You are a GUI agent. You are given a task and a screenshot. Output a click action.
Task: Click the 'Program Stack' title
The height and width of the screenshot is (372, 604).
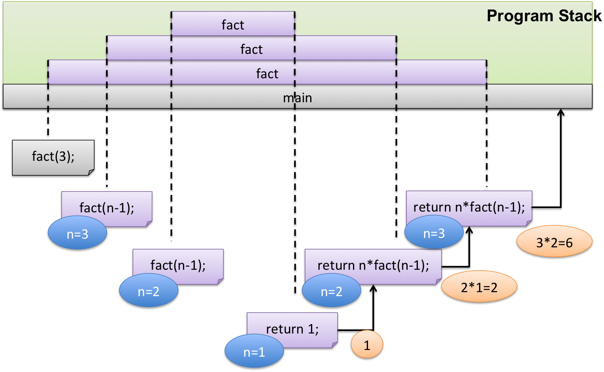point(544,16)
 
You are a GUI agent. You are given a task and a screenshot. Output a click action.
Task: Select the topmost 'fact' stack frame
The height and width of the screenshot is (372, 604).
point(233,24)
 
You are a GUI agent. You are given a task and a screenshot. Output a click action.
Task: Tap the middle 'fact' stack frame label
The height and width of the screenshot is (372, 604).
point(251,50)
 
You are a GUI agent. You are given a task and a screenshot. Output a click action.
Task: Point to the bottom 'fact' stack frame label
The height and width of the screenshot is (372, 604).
point(267,74)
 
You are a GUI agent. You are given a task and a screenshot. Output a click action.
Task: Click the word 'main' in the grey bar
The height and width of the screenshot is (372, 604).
point(297,98)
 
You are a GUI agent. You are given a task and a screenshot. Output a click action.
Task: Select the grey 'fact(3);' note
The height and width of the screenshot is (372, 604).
point(53,158)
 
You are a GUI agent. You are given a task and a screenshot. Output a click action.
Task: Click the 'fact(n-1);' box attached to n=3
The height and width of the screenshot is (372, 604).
point(107,209)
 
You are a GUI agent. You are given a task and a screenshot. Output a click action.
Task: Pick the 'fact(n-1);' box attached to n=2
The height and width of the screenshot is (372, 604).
point(178,266)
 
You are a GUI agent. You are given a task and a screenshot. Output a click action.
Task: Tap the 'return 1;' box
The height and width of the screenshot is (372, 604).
point(292,330)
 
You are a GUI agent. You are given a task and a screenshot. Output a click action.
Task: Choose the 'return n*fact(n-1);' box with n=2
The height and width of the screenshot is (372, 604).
point(373,267)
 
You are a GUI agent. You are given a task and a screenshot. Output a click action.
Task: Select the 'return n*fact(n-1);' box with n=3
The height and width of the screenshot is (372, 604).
point(469,208)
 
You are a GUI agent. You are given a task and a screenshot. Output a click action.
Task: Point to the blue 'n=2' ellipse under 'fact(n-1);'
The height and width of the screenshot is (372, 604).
point(148,290)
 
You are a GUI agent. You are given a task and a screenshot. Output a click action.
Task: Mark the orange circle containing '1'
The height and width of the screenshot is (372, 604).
point(367,344)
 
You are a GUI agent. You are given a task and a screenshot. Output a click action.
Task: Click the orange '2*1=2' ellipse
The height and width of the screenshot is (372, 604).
point(479,286)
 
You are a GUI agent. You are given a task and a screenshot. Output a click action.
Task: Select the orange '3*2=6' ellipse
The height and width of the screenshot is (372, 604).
point(555,241)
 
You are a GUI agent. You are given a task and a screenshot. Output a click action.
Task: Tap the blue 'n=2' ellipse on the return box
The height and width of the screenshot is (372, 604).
point(331,290)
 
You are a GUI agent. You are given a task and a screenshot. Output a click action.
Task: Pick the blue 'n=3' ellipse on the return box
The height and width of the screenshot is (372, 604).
point(434,232)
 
